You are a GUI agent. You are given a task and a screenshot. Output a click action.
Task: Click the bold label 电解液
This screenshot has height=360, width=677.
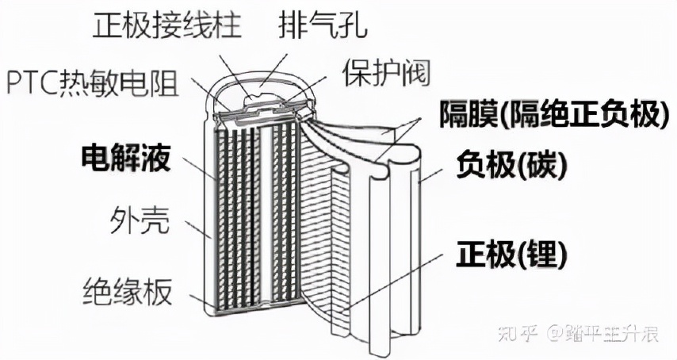click(126, 158)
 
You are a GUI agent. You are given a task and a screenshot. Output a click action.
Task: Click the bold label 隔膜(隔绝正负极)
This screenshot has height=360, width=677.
click(550, 115)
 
